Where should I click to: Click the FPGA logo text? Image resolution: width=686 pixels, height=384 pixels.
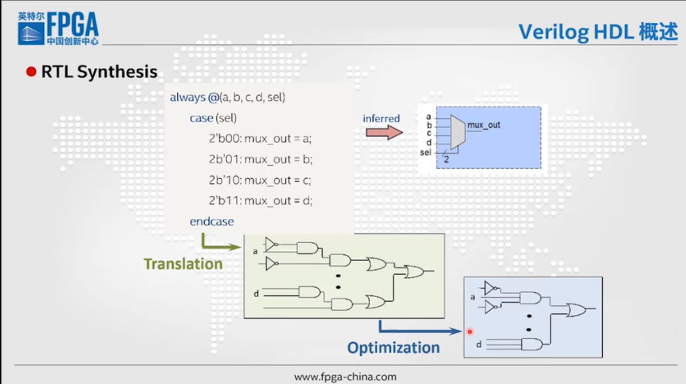tap(73, 25)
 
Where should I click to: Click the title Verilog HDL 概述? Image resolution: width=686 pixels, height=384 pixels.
tap(598, 32)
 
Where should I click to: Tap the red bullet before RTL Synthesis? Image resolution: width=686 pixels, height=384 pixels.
tap(31, 72)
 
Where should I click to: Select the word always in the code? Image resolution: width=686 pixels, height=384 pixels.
tap(188, 97)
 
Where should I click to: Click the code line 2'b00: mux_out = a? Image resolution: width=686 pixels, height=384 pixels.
tap(260, 139)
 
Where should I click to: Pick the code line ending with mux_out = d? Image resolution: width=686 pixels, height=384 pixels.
tap(260, 201)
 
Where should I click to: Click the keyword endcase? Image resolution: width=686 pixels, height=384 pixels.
tap(212, 222)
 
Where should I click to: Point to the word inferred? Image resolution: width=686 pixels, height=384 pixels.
tap(381, 118)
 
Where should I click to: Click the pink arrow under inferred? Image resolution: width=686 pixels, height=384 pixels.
tap(384, 132)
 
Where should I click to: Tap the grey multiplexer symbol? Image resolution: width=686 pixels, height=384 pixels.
tap(458, 132)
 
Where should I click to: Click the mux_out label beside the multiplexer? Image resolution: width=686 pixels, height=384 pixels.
tap(484, 125)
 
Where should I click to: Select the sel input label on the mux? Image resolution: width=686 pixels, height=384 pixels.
tap(426, 152)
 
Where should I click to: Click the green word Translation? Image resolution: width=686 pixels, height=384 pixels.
tap(183, 264)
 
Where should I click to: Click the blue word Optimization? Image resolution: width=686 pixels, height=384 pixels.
tap(394, 348)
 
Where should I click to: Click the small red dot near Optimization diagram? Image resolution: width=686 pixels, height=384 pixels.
tap(470, 332)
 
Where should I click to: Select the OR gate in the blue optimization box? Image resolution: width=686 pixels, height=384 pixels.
tap(576, 310)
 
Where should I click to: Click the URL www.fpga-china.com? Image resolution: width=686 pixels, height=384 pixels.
tap(345, 377)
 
